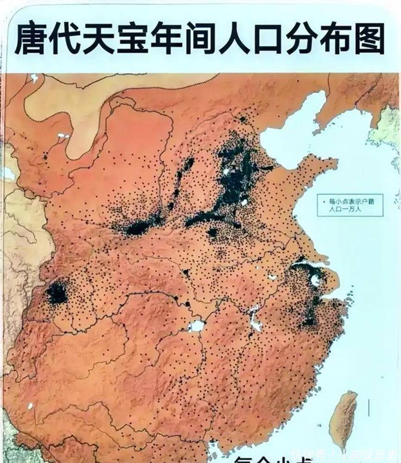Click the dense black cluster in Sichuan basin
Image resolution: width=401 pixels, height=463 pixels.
pyautogui.click(x=57, y=293)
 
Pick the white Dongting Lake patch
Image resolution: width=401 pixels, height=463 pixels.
pyautogui.click(x=197, y=326)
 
